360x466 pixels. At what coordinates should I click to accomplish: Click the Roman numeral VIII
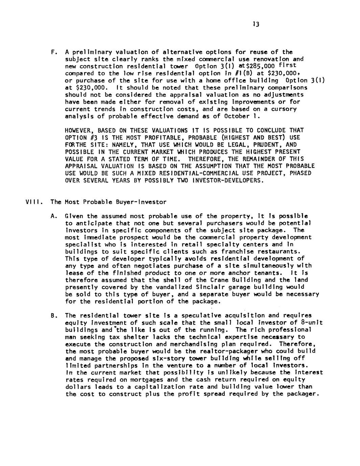33,202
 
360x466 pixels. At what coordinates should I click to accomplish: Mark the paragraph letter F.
53,52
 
